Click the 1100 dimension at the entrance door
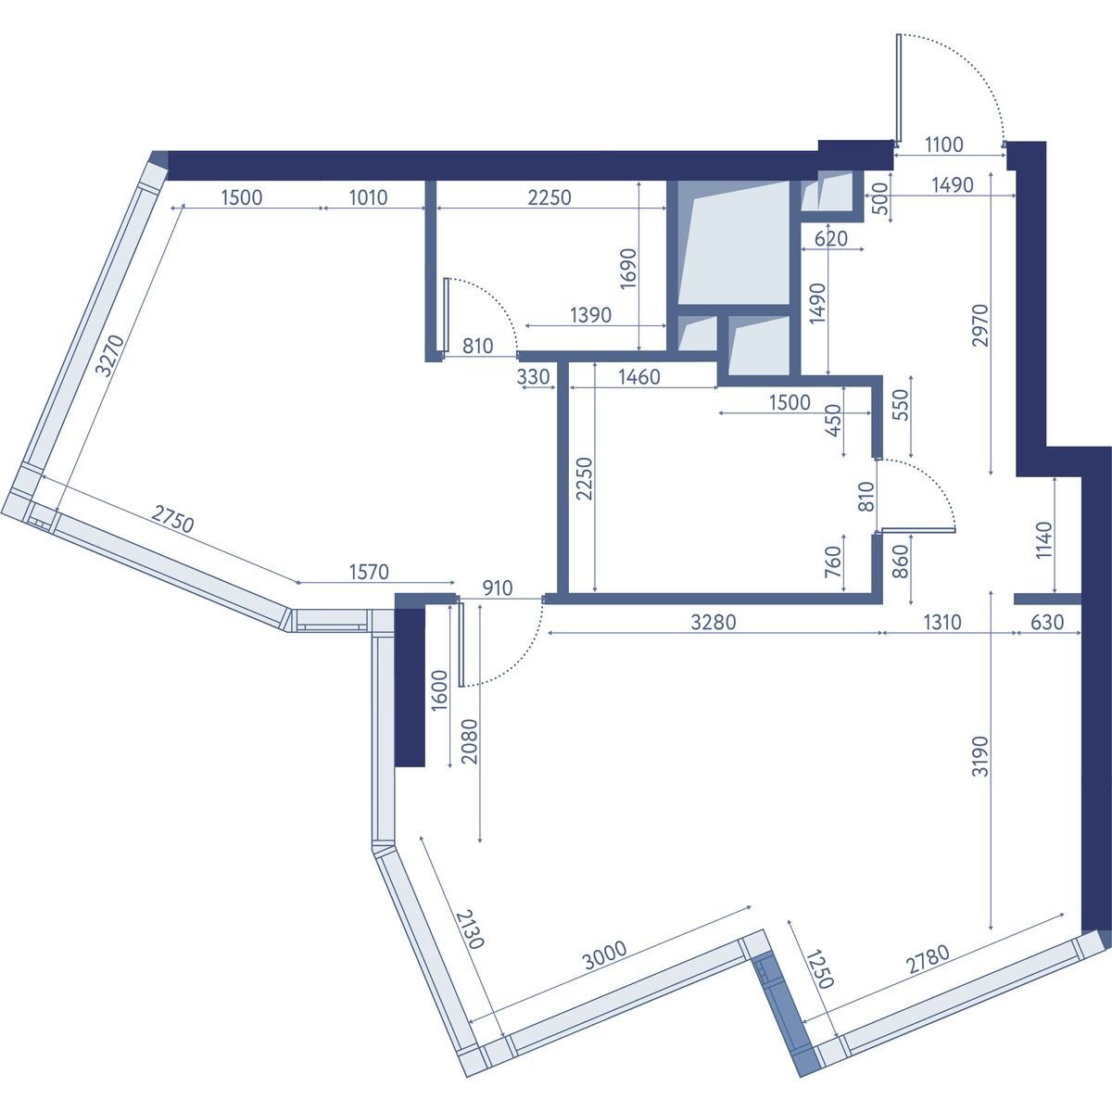click(x=944, y=145)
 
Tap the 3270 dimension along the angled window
click(x=110, y=356)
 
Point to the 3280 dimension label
click(x=714, y=622)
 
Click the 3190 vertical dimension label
click(x=980, y=755)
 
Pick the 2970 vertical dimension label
click(x=980, y=325)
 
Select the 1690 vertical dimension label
click(x=628, y=269)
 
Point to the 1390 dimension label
click(x=590, y=315)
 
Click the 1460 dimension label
click(x=638, y=377)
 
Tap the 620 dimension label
click(x=831, y=238)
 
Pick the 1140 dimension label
click(x=1044, y=540)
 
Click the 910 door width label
click(x=498, y=588)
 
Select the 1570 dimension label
click(x=370, y=572)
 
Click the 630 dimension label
click(x=1047, y=622)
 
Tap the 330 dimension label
click(x=533, y=377)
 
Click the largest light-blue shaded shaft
click(x=733, y=243)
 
